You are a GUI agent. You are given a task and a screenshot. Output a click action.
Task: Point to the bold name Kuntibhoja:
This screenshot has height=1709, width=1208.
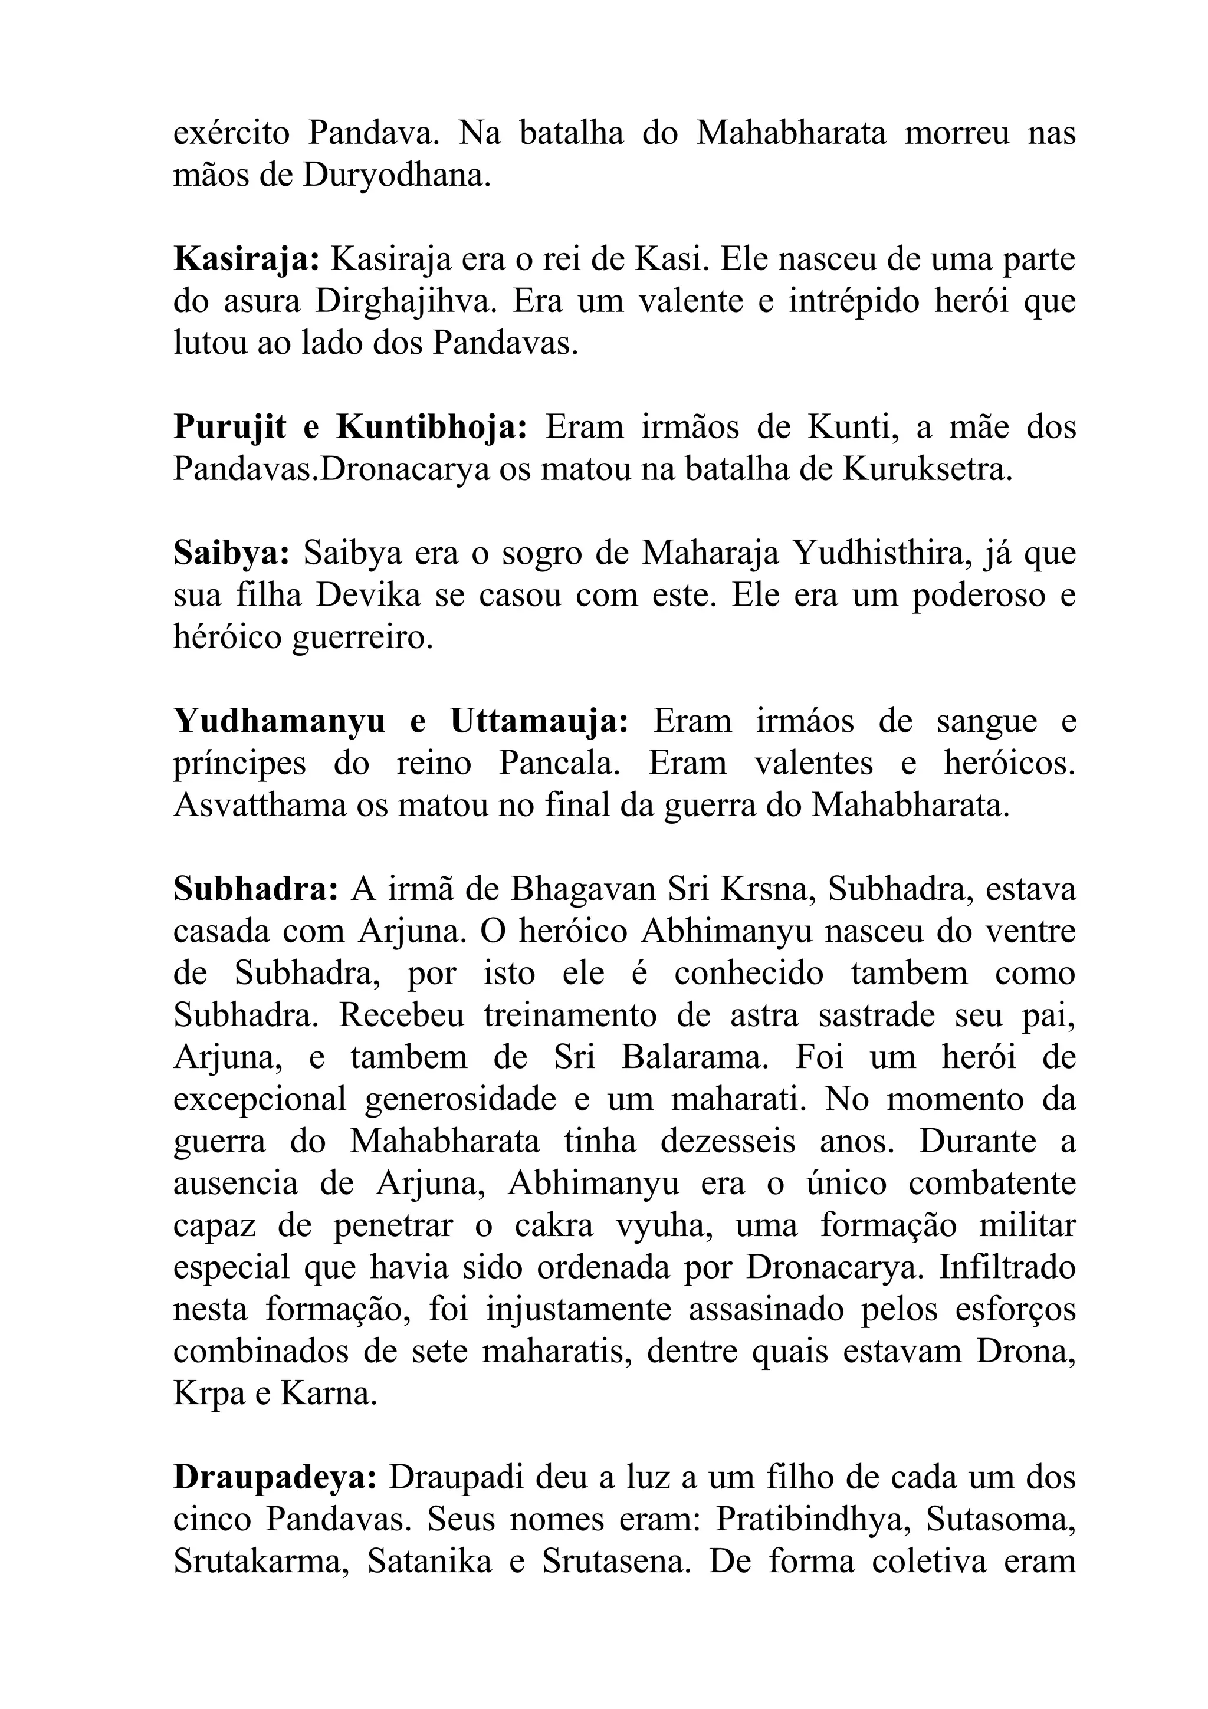click(x=432, y=427)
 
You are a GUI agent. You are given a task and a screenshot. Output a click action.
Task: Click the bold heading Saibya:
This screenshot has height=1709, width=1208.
click(x=231, y=553)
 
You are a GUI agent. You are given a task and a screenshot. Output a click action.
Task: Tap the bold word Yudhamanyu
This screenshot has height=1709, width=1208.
click(x=279, y=721)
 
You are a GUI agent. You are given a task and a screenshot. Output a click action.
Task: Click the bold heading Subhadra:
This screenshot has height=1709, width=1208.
click(x=256, y=889)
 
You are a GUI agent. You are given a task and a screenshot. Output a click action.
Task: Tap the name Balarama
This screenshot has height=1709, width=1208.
click(x=694, y=1056)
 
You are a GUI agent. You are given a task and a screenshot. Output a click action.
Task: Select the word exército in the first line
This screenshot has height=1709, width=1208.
click(x=231, y=134)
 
